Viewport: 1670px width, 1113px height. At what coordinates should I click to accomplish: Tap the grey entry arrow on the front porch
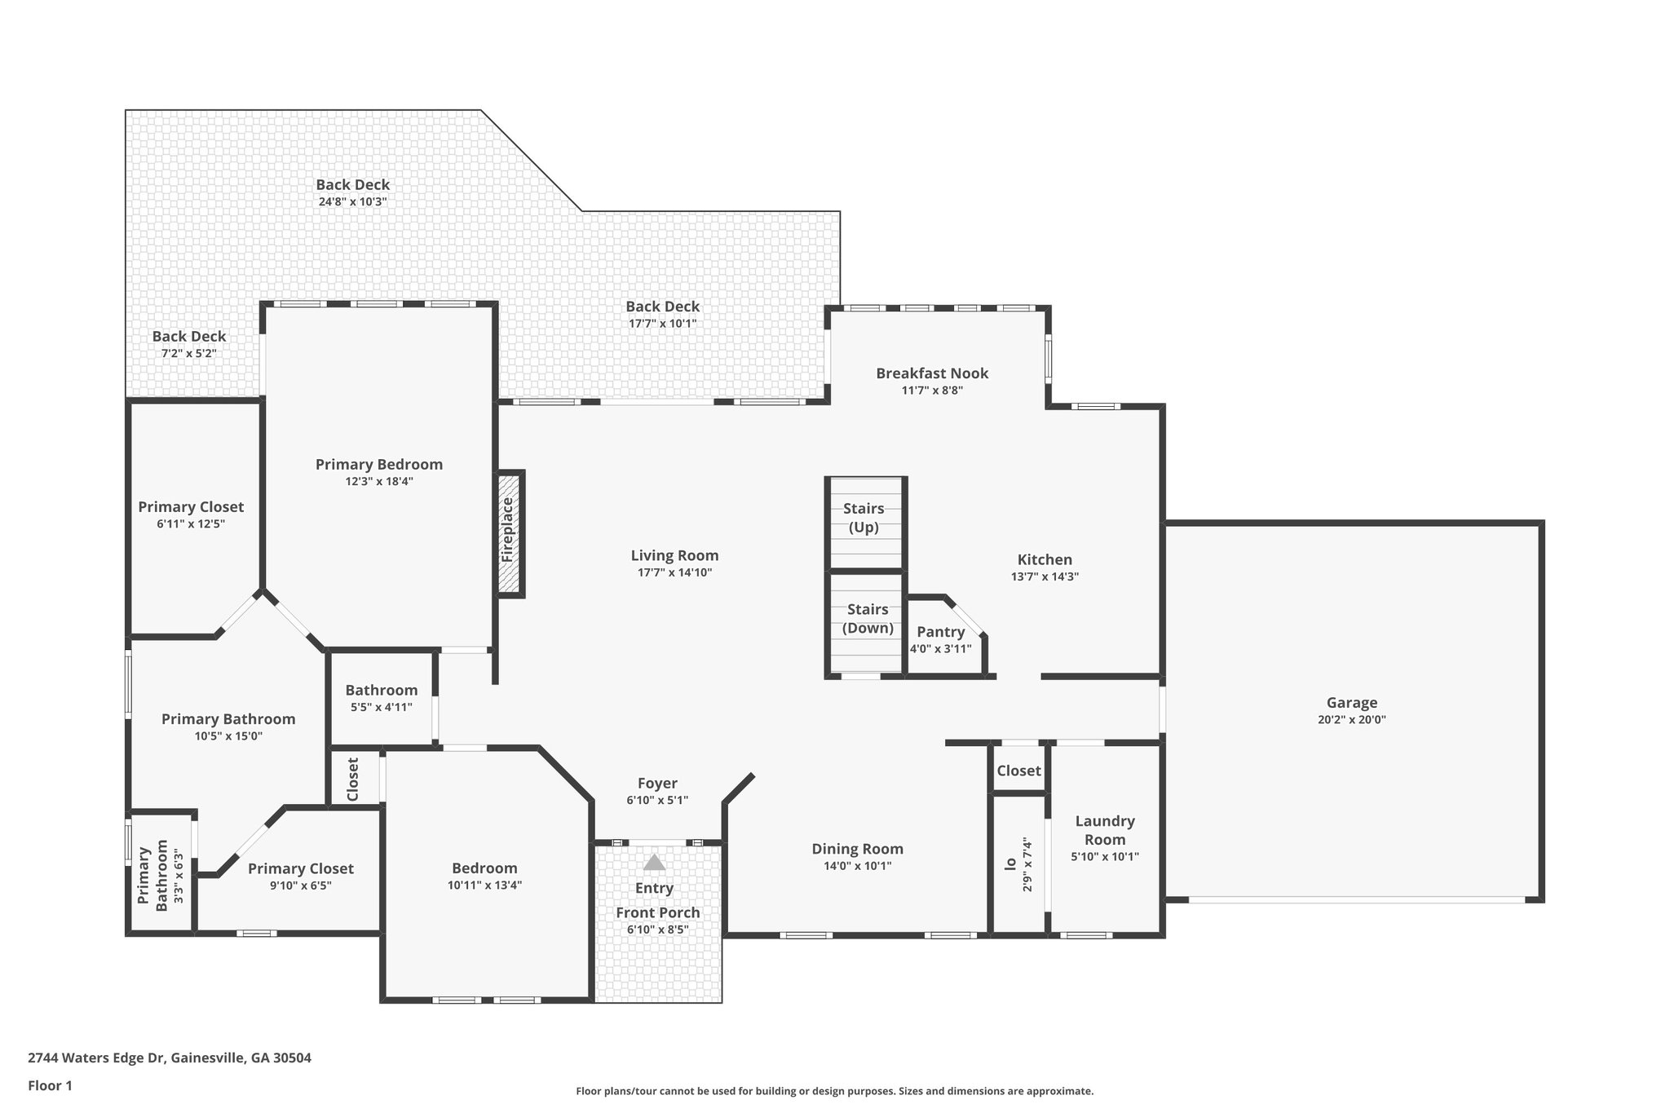654,862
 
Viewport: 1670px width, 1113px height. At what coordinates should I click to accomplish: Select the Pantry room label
940,632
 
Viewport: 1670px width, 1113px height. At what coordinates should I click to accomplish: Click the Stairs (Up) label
864,518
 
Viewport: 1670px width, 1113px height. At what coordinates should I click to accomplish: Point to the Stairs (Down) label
868,619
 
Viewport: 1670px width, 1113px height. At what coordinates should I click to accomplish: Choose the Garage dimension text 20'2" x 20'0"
1351,720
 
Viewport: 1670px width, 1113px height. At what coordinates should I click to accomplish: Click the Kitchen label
1045,559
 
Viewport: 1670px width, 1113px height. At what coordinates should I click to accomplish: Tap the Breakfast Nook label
932,373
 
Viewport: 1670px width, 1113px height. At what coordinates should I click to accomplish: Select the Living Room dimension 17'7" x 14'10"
674,572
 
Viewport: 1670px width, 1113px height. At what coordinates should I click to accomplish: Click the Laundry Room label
1105,830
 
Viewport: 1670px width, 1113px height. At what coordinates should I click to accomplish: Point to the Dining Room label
857,849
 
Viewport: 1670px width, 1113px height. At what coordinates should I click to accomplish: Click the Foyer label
657,784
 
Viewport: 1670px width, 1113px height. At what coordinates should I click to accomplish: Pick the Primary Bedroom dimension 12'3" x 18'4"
379,481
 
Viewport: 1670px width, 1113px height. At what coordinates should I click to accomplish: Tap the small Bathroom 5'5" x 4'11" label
381,707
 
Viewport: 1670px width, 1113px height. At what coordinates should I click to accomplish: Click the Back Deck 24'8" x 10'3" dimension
352,201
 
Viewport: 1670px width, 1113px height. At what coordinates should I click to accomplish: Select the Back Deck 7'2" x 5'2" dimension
189,353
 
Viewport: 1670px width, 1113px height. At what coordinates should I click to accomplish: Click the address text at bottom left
170,1058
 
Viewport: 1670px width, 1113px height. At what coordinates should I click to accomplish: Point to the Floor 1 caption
50,1085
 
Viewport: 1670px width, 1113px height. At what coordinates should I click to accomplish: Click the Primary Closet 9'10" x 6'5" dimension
301,886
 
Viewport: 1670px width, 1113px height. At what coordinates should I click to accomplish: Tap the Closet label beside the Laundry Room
1018,771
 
